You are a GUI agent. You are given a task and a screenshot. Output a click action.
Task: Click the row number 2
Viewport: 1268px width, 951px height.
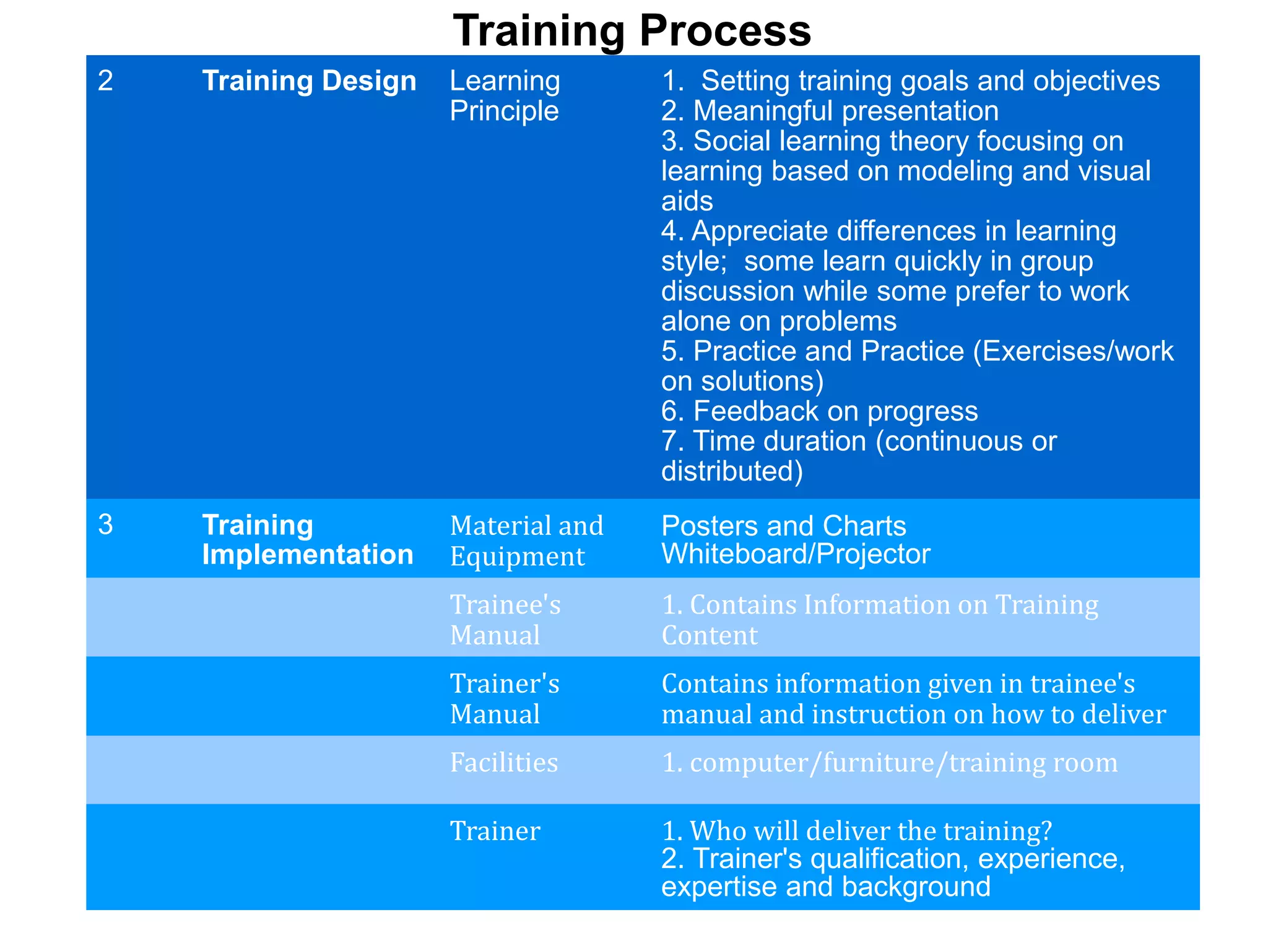(105, 81)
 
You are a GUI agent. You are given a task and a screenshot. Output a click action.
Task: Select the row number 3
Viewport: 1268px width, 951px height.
(105, 524)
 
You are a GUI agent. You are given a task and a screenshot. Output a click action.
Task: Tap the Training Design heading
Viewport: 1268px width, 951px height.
(309, 81)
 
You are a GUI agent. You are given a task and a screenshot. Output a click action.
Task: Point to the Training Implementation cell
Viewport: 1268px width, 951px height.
(307, 539)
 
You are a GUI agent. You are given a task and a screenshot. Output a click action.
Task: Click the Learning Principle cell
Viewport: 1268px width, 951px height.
(505, 96)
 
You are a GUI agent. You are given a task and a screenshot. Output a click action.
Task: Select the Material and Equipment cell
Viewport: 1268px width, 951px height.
(526, 541)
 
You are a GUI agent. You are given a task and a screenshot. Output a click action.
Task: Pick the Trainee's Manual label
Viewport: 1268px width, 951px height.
(505, 619)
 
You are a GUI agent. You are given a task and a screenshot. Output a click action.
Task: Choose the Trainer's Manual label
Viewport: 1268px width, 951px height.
(505, 698)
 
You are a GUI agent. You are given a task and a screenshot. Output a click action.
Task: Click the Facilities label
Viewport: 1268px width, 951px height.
(504, 762)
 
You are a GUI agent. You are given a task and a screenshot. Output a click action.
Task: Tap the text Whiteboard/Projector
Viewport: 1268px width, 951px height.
(796, 554)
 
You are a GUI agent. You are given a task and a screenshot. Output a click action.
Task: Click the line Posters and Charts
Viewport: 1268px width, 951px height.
(783, 526)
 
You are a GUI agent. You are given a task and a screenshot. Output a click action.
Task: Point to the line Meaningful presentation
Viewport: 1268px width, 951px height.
(830, 111)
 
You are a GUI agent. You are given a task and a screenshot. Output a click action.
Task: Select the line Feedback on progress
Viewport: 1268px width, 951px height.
(820, 411)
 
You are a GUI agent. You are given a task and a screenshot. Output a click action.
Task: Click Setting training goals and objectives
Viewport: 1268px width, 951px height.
(910, 81)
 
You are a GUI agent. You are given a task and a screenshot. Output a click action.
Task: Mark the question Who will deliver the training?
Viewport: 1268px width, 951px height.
(857, 830)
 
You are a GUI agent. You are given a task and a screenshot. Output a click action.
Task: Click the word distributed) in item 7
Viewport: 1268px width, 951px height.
(732, 471)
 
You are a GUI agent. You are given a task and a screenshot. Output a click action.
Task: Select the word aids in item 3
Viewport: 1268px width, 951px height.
(687, 201)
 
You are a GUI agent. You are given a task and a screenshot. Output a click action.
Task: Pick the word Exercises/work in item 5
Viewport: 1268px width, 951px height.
(1078, 351)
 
